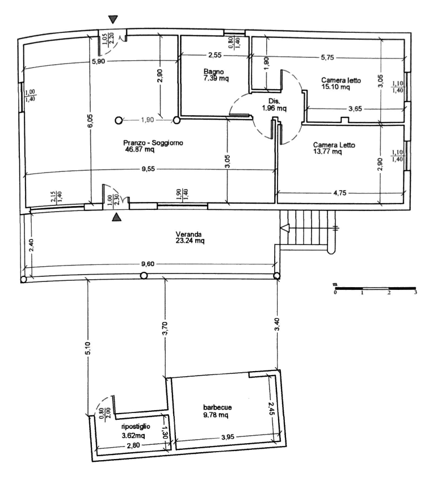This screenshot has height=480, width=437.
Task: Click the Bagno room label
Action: click(x=214, y=71)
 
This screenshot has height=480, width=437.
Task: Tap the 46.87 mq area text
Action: click(x=140, y=149)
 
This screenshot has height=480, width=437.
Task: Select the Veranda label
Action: click(x=188, y=234)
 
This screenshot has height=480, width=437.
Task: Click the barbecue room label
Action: click(x=217, y=407)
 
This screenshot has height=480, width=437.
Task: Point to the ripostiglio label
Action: click(x=136, y=427)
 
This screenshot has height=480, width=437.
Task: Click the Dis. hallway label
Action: click(x=274, y=101)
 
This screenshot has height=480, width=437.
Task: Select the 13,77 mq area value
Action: click(x=327, y=151)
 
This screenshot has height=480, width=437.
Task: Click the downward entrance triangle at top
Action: click(x=114, y=20)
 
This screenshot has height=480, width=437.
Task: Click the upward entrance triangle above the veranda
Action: click(x=116, y=217)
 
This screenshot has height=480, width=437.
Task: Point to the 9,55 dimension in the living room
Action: click(x=148, y=169)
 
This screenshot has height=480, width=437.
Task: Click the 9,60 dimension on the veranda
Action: click(x=148, y=264)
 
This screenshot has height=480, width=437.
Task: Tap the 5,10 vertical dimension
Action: click(x=88, y=348)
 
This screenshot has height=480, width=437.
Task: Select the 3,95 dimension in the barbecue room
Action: click(x=227, y=437)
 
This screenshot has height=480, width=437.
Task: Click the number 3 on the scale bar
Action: click(x=415, y=292)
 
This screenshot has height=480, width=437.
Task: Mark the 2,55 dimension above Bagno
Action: click(x=215, y=56)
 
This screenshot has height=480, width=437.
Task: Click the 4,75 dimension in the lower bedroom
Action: click(x=340, y=193)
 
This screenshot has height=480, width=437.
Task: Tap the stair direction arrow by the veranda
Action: click(x=285, y=228)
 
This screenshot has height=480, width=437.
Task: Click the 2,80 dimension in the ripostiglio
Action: click(x=133, y=445)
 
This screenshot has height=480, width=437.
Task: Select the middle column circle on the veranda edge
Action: click(x=144, y=276)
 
